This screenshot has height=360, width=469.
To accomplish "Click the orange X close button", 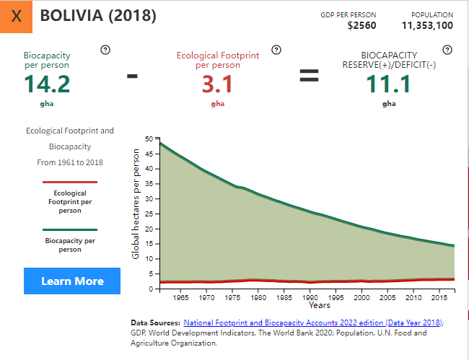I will (17, 17).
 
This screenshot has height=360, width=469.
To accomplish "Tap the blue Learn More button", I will (72, 281).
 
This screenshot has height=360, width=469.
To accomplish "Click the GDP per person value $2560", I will (361, 26).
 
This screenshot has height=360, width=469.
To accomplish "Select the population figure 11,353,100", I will (427, 26).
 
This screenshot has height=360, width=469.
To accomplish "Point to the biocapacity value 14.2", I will (47, 84).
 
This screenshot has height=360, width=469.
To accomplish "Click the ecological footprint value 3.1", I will (217, 84).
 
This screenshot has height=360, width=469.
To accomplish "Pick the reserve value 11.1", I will (389, 84).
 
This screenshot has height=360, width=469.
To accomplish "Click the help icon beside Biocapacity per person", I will (105, 49).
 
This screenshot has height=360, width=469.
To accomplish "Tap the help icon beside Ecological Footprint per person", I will (276, 49).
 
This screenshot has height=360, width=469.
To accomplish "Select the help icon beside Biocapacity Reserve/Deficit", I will (447, 49).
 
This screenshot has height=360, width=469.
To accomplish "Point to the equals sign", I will (309, 75).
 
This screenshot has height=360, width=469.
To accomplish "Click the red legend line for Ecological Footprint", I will (70, 183).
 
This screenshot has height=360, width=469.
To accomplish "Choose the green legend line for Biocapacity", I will (70, 229).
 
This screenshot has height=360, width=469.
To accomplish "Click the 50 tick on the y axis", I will (149, 139).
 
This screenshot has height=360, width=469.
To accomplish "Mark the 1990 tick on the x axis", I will (310, 297).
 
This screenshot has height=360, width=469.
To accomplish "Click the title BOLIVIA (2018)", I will (98, 16).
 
